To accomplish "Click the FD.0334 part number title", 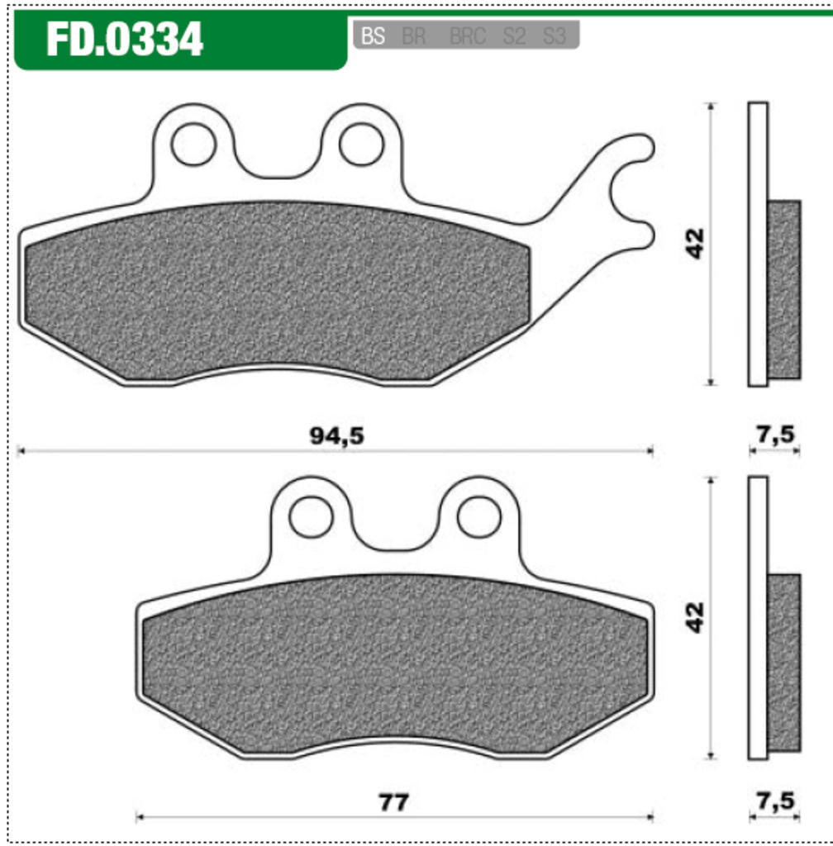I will (125, 39).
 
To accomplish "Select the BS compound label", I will (374, 36).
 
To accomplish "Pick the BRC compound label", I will (468, 36).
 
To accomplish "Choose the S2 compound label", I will (514, 36).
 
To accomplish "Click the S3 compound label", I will (555, 36).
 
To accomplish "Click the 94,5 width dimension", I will (336, 436).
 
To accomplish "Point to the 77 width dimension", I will (393, 801).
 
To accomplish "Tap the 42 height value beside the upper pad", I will (696, 244).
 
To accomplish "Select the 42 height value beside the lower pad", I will (696, 617).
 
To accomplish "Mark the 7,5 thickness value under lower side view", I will (774, 801).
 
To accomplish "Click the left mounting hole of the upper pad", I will (193, 144).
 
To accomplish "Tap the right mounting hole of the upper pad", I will (361, 144).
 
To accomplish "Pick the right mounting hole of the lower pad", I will (478, 517).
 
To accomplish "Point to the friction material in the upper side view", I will (784, 289).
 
